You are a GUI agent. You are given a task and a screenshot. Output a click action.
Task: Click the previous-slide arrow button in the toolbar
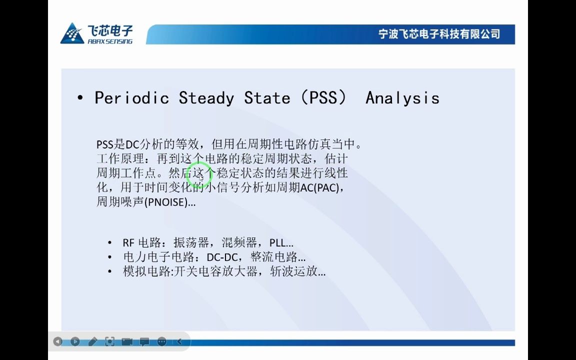click(x=58, y=341)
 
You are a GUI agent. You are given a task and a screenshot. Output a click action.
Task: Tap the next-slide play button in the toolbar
click(x=75, y=341)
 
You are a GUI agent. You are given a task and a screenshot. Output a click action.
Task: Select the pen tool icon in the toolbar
click(x=92, y=341)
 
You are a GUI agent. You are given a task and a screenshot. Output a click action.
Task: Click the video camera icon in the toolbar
click(x=127, y=341)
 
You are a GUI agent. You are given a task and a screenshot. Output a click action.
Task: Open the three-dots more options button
click(x=161, y=341)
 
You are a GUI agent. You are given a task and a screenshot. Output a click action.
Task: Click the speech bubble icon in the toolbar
click(x=144, y=341)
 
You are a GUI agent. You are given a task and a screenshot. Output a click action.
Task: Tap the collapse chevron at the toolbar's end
click(x=179, y=341)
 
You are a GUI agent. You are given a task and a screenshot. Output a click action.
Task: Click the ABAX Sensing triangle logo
click(x=72, y=33)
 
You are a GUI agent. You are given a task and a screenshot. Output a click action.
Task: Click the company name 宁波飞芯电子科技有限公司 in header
click(x=439, y=34)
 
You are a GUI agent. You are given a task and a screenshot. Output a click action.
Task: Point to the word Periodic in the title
click(x=131, y=97)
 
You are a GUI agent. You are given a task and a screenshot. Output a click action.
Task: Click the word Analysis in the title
click(x=402, y=97)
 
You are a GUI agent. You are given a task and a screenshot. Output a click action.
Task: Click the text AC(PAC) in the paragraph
click(x=322, y=188)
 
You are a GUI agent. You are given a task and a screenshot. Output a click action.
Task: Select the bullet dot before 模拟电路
click(x=110, y=272)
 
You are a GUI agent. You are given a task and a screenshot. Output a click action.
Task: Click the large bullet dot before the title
click(x=80, y=98)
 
